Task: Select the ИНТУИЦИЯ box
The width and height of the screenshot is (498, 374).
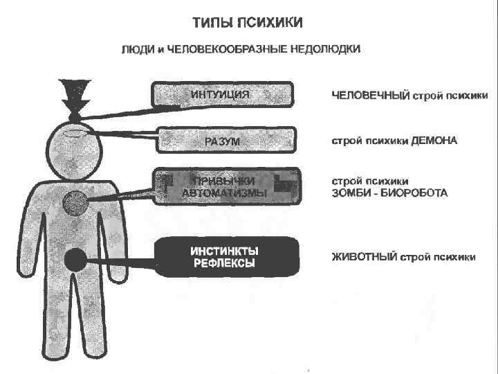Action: (223, 95)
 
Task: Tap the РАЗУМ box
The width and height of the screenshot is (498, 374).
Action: (227, 139)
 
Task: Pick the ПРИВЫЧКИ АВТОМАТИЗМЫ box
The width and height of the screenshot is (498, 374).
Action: (227, 187)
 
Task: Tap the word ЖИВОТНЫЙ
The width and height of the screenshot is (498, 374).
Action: (363, 257)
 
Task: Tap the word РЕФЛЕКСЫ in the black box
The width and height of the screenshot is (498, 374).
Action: (224, 264)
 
